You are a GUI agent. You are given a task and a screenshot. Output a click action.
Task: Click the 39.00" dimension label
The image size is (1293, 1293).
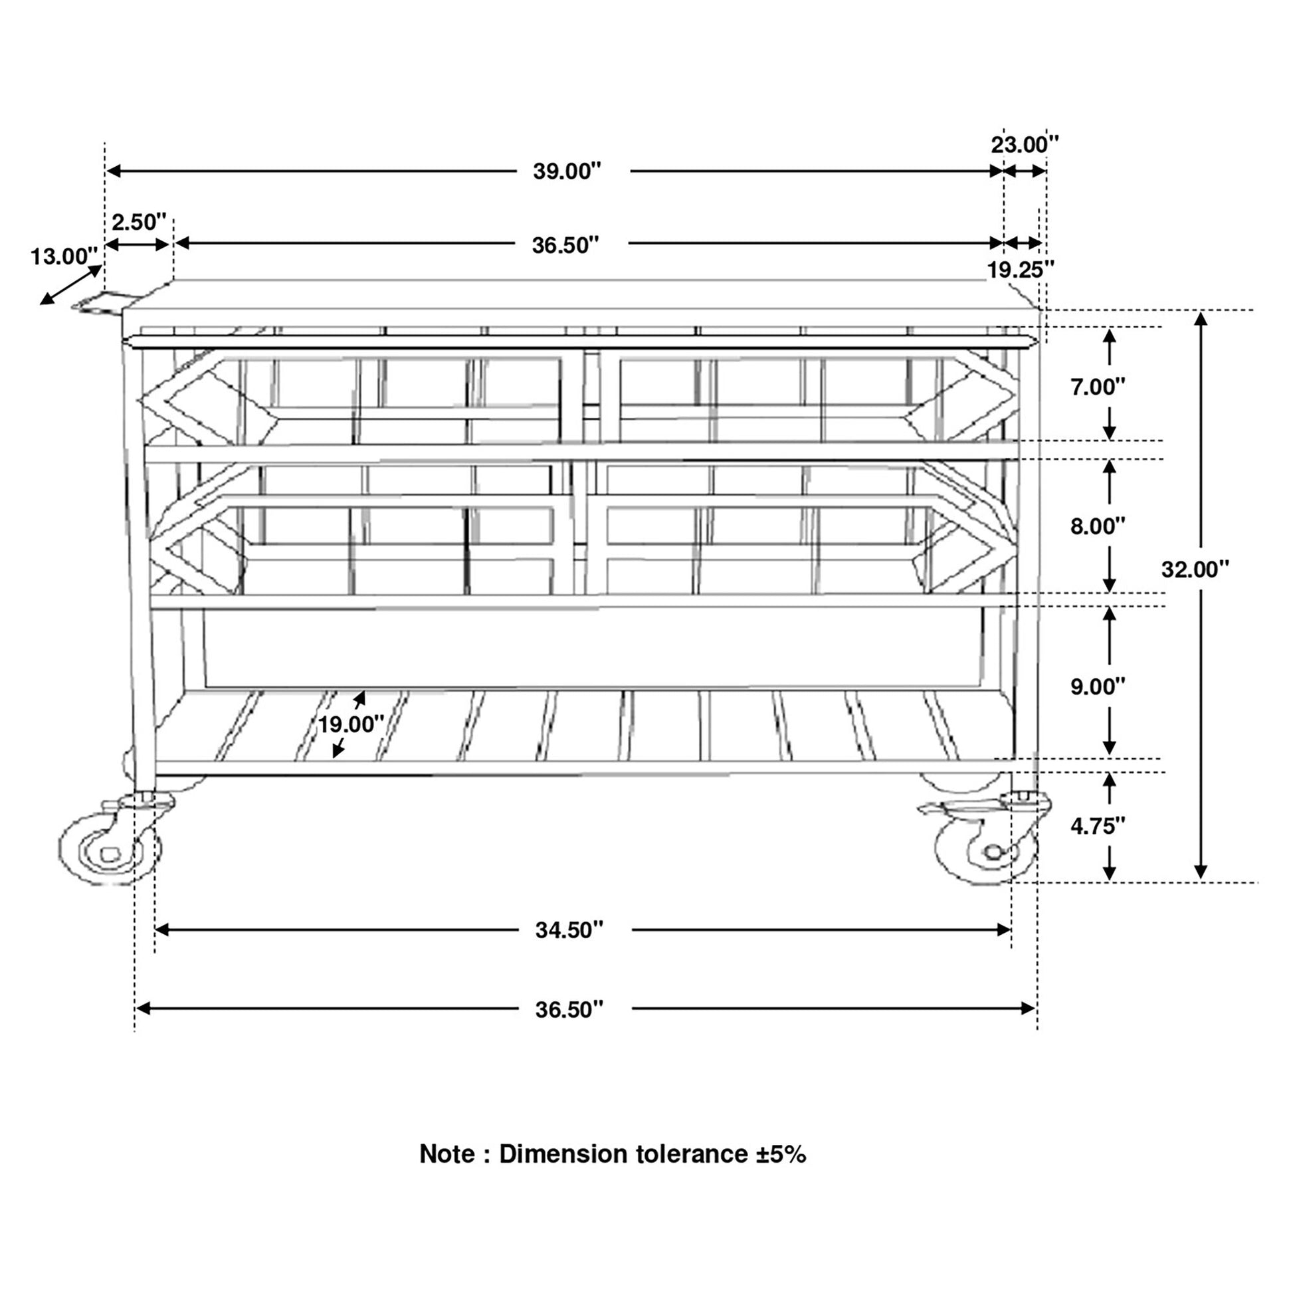pos(567,171)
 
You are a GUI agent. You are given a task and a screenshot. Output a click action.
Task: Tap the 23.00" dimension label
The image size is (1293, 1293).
pos(1025,145)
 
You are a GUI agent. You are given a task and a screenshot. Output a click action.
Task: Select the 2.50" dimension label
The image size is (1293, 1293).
pos(138,221)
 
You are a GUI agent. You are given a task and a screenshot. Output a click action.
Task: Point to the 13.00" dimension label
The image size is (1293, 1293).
pos(64,256)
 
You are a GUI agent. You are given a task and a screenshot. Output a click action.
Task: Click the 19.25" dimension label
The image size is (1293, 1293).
pos(1021,270)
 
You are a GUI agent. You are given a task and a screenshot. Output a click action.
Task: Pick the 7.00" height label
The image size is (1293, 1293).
pos(1098,387)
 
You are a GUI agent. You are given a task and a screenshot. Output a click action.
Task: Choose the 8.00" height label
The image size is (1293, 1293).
pos(1098,526)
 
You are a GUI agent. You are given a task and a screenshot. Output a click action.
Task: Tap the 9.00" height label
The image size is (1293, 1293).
pos(1098,686)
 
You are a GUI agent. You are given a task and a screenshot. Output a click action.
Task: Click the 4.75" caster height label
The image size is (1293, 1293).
pos(1098,827)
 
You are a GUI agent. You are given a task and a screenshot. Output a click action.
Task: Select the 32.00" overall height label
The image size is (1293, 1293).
pos(1195,569)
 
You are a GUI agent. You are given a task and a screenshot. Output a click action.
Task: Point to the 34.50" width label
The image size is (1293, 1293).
pos(569,930)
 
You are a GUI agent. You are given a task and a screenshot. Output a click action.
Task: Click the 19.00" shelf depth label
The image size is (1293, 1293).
pos(351,724)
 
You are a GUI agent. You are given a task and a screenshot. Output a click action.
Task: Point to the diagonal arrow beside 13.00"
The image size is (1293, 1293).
pos(71,285)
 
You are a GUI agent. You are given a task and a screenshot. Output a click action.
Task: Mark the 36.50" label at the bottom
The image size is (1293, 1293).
pos(569,1009)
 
